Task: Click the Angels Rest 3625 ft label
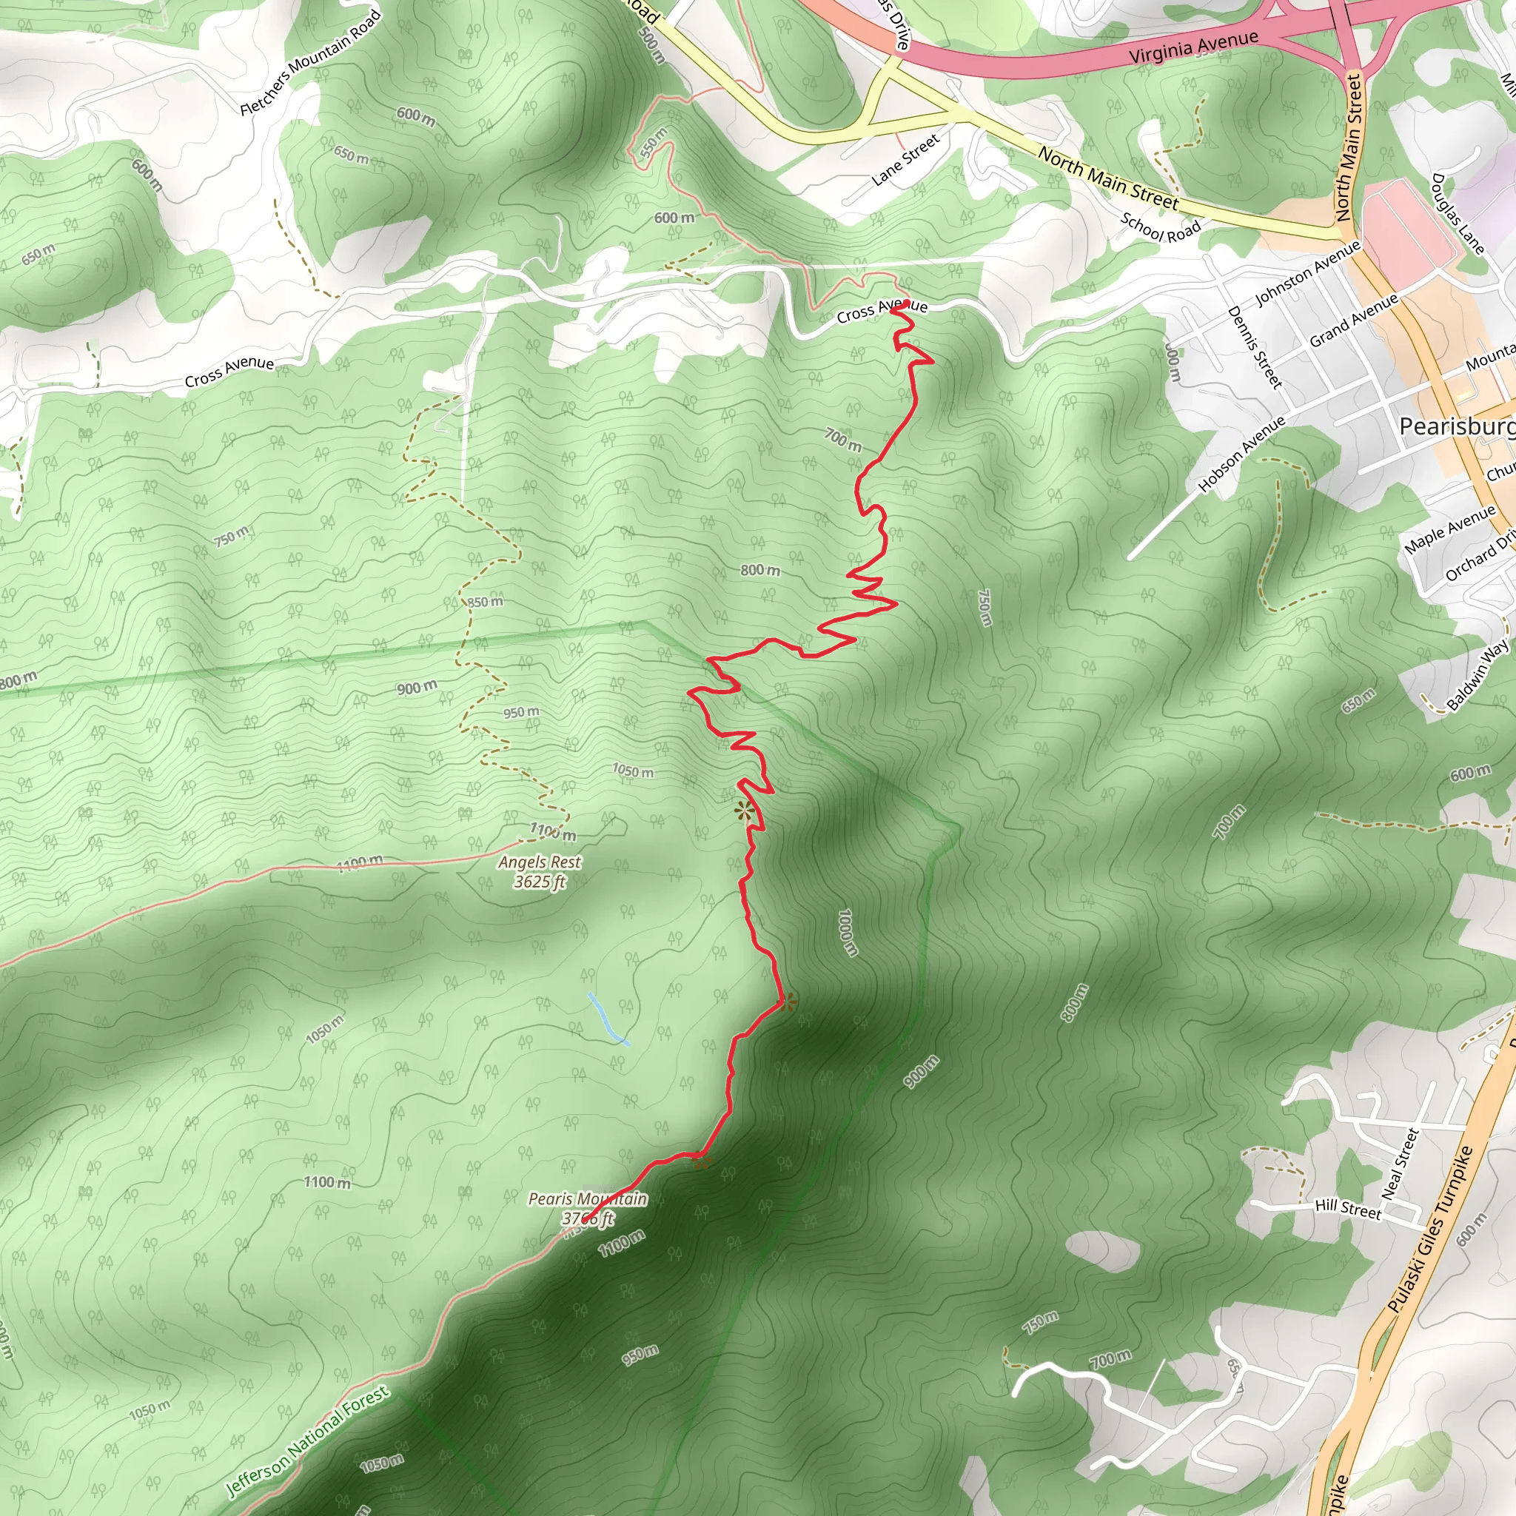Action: pyautogui.click(x=540, y=872)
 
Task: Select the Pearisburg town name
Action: pyautogui.click(x=1456, y=426)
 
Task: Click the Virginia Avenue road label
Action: pyautogui.click(x=1193, y=47)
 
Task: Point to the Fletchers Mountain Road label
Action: pyautogui.click(x=311, y=62)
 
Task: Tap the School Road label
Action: pyautogui.click(x=1161, y=227)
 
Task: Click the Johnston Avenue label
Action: pyautogui.click(x=1307, y=273)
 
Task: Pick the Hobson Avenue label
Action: pyautogui.click(x=1241, y=454)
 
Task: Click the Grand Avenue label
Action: pyautogui.click(x=1354, y=320)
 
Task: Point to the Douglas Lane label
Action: pyautogui.click(x=1458, y=213)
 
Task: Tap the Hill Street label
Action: pyautogui.click(x=1347, y=1208)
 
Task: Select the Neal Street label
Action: pyautogui.click(x=1400, y=1164)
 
